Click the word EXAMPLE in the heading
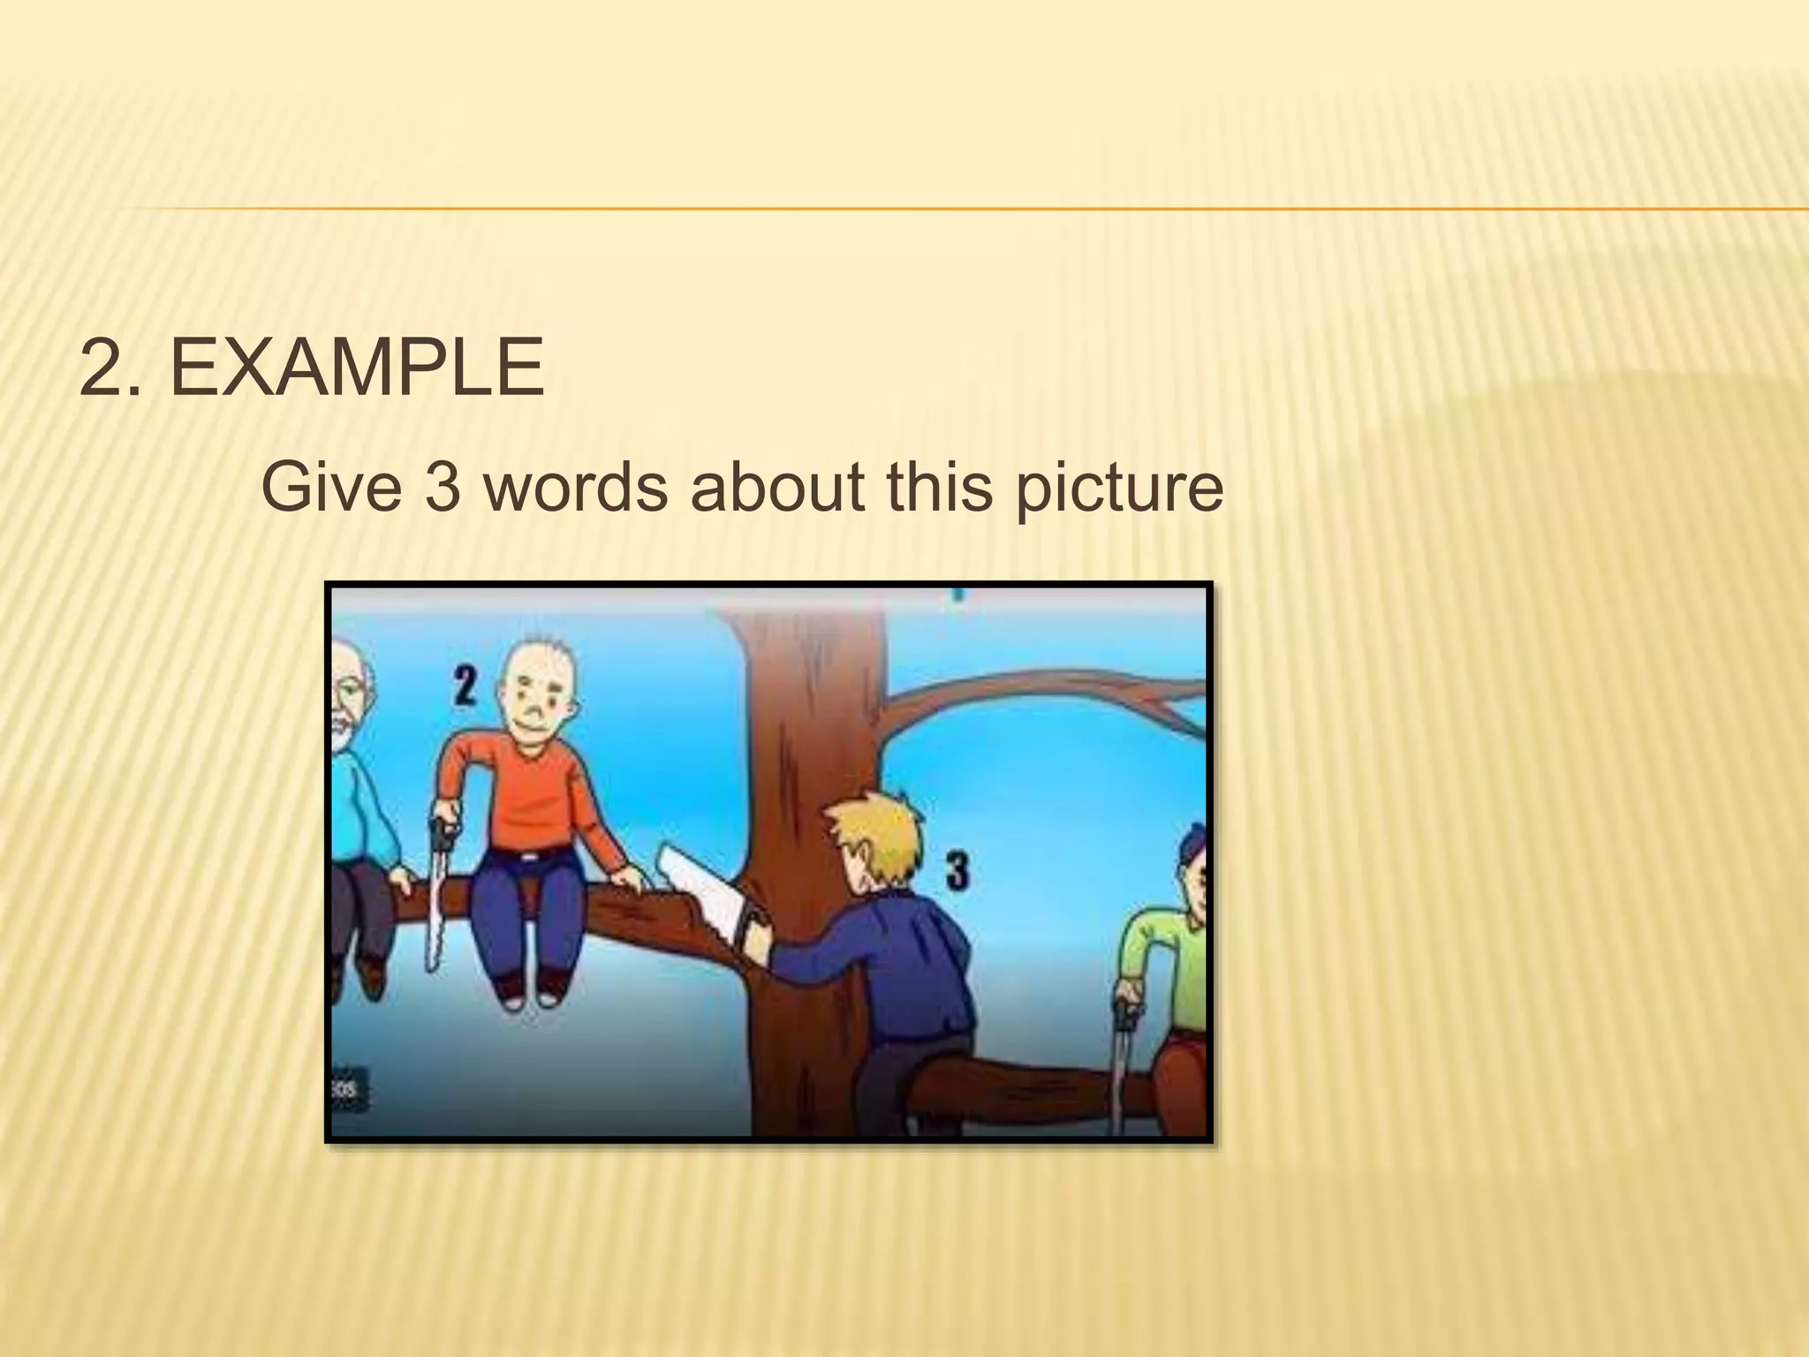(357, 368)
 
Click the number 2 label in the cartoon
(465, 686)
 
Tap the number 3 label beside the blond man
(957, 869)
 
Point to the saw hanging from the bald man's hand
(435, 892)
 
